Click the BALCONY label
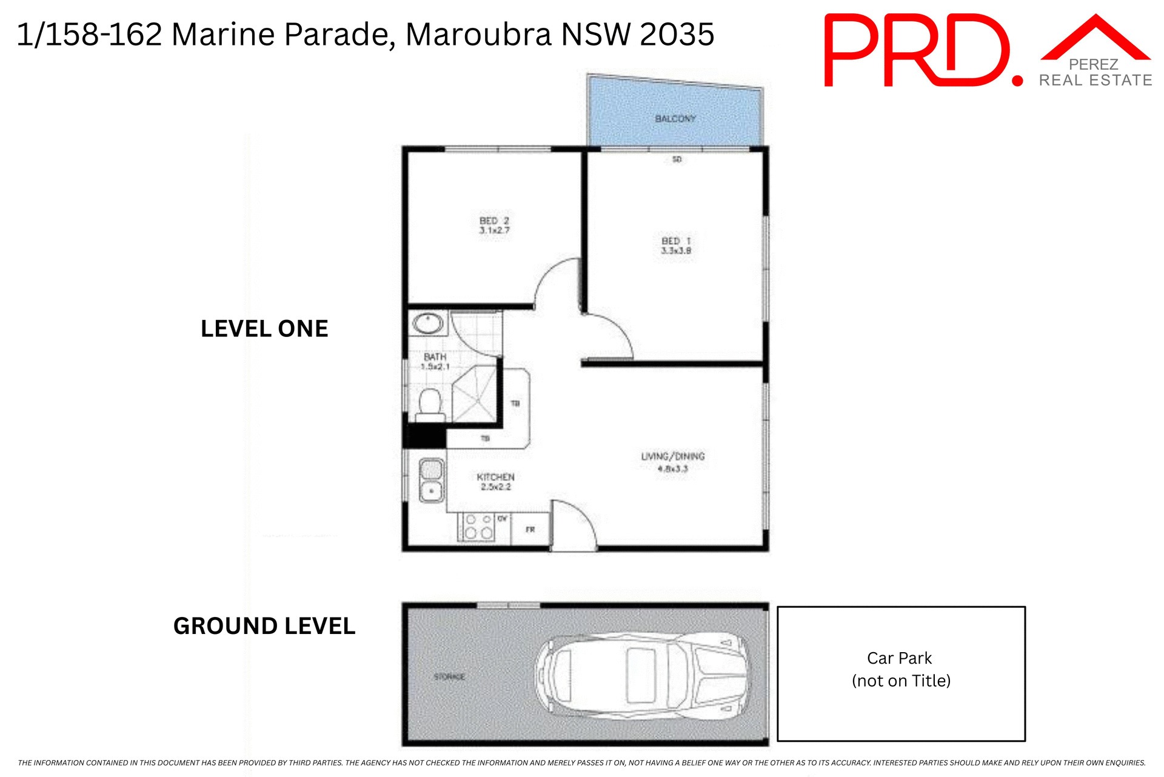675,119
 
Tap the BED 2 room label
494,221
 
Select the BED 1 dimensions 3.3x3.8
676,251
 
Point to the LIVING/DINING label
673,456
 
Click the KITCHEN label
495,477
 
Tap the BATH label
435,357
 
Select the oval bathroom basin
428,324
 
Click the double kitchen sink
432,480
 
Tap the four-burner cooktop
478,527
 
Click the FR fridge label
530,530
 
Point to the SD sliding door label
677,159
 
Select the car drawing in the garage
643,675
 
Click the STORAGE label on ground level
449,677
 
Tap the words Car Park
899,658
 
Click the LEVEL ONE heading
264,329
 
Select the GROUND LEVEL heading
264,626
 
